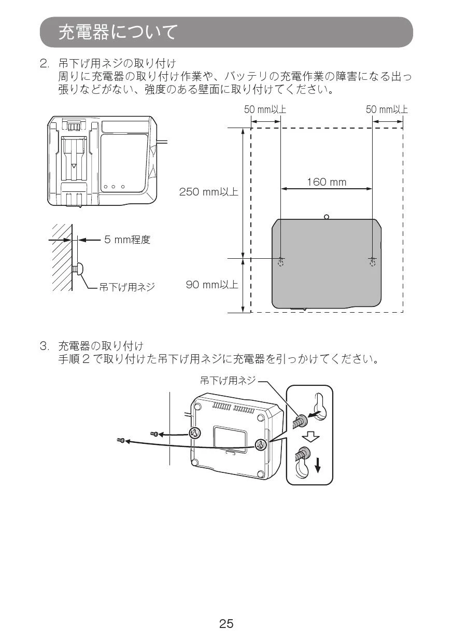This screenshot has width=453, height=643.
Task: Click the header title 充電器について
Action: pyautogui.click(x=117, y=32)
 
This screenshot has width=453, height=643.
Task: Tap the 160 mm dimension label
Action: pyautogui.click(x=327, y=182)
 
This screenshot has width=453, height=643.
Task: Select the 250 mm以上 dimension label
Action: pyautogui.click(x=208, y=192)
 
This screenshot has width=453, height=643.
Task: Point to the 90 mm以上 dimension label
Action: pyautogui.click(x=212, y=285)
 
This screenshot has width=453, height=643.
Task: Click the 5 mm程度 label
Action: pyautogui.click(x=127, y=240)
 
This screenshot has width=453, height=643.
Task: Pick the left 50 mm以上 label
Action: pyautogui.click(x=265, y=109)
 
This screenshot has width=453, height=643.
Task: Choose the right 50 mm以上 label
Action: pyautogui.click(x=387, y=109)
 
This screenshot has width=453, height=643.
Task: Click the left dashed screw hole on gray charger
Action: pyautogui.click(x=281, y=262)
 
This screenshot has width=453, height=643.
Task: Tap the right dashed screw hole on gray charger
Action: pyautogui.click(x=372, y=262)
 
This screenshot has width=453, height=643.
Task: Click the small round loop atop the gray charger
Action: pyautogui.click(x=326, y=217)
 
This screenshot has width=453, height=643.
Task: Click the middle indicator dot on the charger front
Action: pyautogui.click(x=114, y=187)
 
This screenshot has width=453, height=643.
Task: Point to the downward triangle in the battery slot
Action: pyautogui.click(x=74, y=166)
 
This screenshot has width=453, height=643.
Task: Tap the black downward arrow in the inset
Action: pyautogui.click(x=318, y=465)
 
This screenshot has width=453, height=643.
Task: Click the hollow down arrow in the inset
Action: pyautogui.click(x=310, y=438)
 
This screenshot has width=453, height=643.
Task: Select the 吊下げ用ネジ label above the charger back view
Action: pyautogui.click(x=228, y=380)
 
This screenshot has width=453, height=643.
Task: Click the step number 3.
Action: pyautogui.click(x=44, y=346)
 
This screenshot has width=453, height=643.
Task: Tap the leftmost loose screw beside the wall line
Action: pyautogui.click(x=120, y=440)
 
